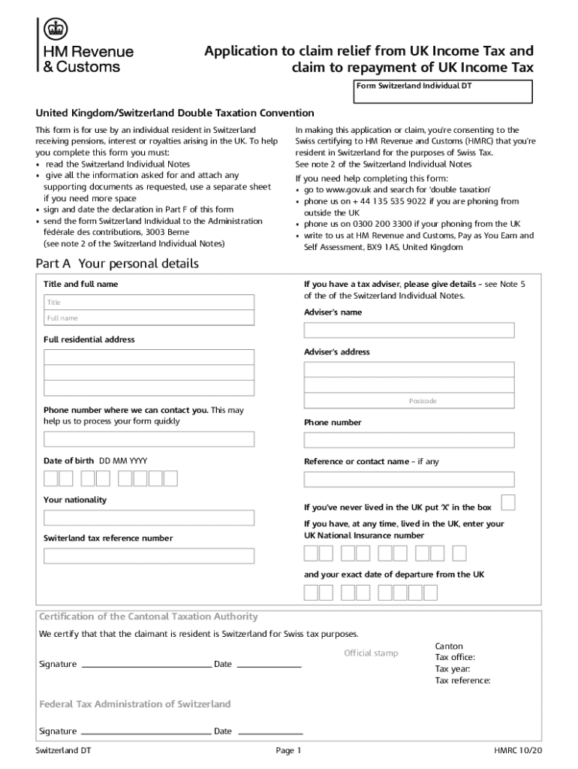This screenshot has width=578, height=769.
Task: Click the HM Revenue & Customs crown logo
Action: [x=55, y=29]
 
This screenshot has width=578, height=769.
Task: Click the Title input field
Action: [x=149, y=302]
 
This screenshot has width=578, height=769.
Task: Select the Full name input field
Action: [x=149, y=318]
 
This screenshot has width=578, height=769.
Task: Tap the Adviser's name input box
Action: [x=409, y=330]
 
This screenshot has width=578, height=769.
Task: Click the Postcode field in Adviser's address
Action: [x=409, y=401]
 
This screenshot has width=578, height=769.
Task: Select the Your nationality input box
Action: [x=149, y=517]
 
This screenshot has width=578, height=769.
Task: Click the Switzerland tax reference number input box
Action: [x=149, y=556]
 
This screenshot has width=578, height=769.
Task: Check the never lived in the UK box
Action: [x=508, y=502]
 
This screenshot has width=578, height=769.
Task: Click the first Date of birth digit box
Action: [x=51, y=478]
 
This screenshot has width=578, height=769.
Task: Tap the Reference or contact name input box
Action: [x=409, y=479]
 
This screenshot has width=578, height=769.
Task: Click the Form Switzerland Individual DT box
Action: [x=443, y=92]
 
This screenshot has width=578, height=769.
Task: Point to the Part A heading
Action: [x=117, y=264]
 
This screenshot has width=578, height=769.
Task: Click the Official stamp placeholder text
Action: [x=371, y=653]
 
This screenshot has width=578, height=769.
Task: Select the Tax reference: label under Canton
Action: [x=462, y=680]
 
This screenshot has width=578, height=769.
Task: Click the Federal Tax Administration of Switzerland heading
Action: [x=135, y=704]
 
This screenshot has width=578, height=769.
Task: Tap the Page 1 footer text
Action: [x=288, y=750]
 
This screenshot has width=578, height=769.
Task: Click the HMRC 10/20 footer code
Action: [x=518, y=750]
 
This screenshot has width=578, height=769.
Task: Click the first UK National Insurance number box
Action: [x=311, y=553]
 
